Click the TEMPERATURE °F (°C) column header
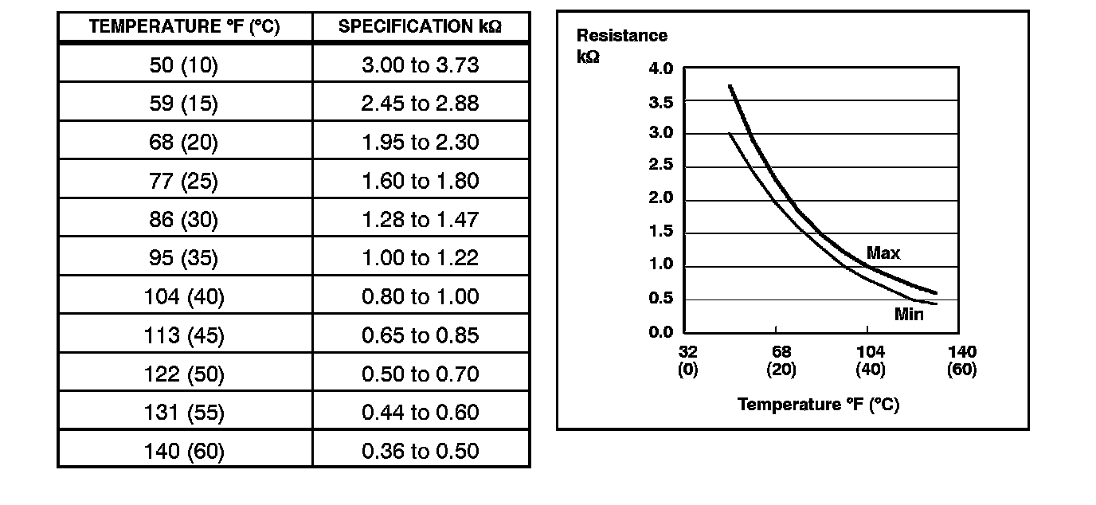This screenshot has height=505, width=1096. click(x=184, y=26)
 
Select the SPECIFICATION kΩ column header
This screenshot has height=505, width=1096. click(x=420, y=26)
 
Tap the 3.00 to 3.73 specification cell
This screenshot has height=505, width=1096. click(x=420, y=65)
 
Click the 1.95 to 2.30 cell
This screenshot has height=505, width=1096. click(x=420, y=142)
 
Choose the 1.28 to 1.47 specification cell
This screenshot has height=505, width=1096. click(x=420, y=219)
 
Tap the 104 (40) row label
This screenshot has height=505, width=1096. click(x=184, y=296)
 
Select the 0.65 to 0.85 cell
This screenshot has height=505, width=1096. click(x=420, y=335)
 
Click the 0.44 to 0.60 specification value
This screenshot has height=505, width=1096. click(x=420, y=413)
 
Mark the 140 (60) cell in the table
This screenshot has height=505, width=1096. click(x=184, y=452)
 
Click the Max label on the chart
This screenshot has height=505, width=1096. click(x=883, y=253)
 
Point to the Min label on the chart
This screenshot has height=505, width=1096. click(x=909, y=314)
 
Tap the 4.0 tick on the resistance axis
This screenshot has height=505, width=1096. click(x=661, y=69)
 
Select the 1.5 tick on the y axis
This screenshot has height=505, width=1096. click(x=661, y=232)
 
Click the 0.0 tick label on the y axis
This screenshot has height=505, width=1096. click(x=661, y=332)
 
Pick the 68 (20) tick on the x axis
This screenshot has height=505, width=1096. click(x=781, y=360)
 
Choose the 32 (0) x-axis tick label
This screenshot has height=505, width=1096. click(x=688, y=360)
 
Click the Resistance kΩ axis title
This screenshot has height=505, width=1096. click(x=621, y=46)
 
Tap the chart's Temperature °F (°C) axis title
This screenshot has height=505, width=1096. click(x=818, y=405)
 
